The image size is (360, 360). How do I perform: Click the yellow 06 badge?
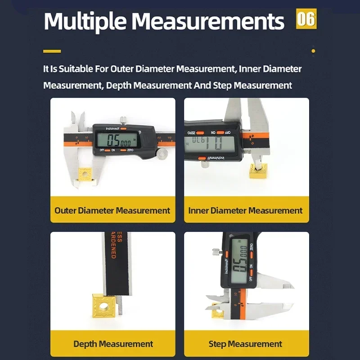pyautogui.click(x=306, y=19)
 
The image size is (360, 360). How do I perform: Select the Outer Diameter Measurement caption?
pyautogui.click(x=112, y=210)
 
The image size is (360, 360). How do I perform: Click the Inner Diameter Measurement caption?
pyautogui.click(x=246, y=210)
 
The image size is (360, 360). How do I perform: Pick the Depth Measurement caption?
pyautogui.click(x=113, y=344)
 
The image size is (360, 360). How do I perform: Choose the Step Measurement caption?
pyautogui.click(x=246, y=344)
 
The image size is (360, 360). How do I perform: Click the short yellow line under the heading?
pyautogui.click(x=52, y=51)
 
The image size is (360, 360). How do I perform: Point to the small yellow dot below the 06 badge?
pyautogui.click(x=313, y=51)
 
